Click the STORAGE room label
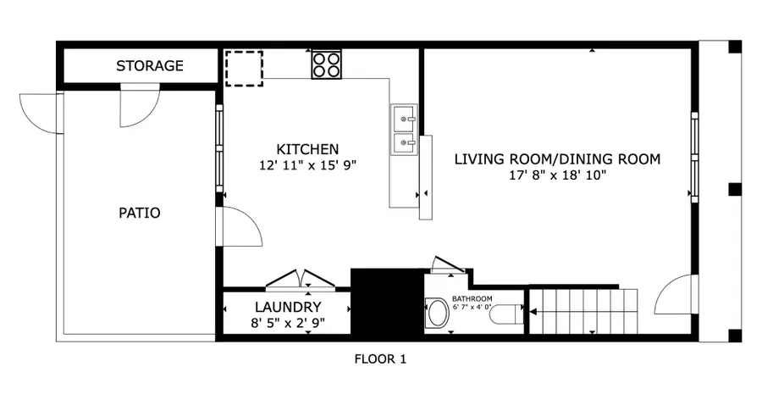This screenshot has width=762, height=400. (x=150, y=66)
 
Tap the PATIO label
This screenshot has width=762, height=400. (x=139, y=213)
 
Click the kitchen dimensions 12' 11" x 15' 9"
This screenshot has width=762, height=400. (x=308, y=166)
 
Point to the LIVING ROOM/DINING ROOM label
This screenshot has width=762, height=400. (x=557, y=158)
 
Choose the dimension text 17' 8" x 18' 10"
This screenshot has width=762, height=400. (x=557, y=175)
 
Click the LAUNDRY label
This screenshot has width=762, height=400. (x=288, y=307)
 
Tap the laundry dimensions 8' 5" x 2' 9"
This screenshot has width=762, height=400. (x=288, y=323)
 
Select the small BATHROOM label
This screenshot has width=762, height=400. (x=472, y=299)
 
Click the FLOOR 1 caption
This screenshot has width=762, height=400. (x=380, y=359)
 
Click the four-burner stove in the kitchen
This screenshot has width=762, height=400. (x=327, y=64)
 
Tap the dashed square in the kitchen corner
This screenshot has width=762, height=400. (x=244, y=68)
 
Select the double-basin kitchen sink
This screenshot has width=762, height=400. (x=404, y=131)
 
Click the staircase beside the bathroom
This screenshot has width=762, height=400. (x=583, y=312)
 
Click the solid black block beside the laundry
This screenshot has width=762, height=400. (x=386, y=303)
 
